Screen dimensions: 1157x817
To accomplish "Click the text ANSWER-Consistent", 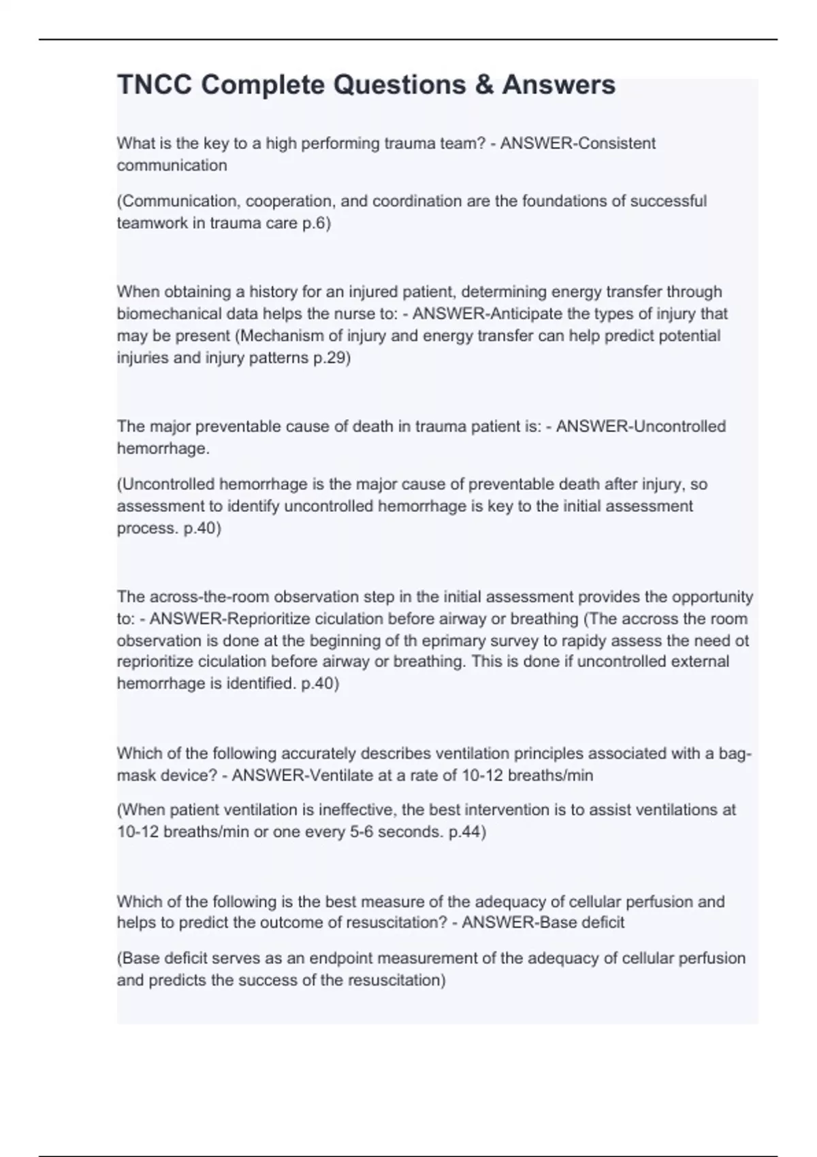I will (x=578, y=144).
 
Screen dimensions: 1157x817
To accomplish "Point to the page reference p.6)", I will (x=316, y=223).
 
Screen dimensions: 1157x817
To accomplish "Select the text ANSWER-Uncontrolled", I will (x=641, y=427).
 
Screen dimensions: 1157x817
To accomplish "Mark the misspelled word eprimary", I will (x=450, y=640).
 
